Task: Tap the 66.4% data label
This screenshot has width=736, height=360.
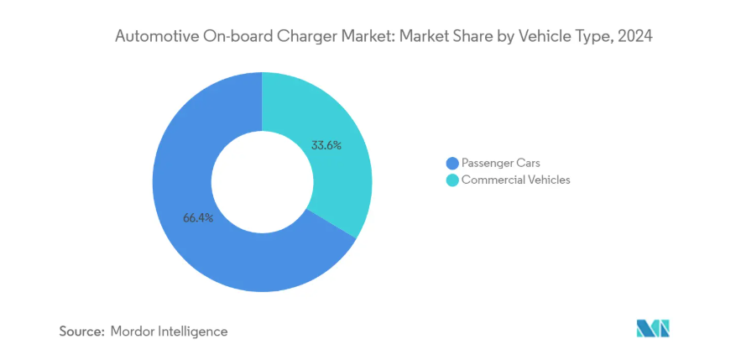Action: tap(198, 218)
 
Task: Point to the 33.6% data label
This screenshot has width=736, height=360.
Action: tap(326, 145)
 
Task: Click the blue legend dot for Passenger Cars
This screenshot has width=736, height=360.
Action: tap(452, 163)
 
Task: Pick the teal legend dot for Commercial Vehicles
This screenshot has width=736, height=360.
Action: tap(452, 180)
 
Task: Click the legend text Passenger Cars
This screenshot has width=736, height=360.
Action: tap(499, 163)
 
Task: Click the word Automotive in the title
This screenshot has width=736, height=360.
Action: tap(149, 36)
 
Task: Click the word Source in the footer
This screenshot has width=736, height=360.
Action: tap(81, 331)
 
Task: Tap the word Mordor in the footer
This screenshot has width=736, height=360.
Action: tap(134, 331)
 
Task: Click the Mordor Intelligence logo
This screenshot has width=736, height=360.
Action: tap(653, 328)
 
